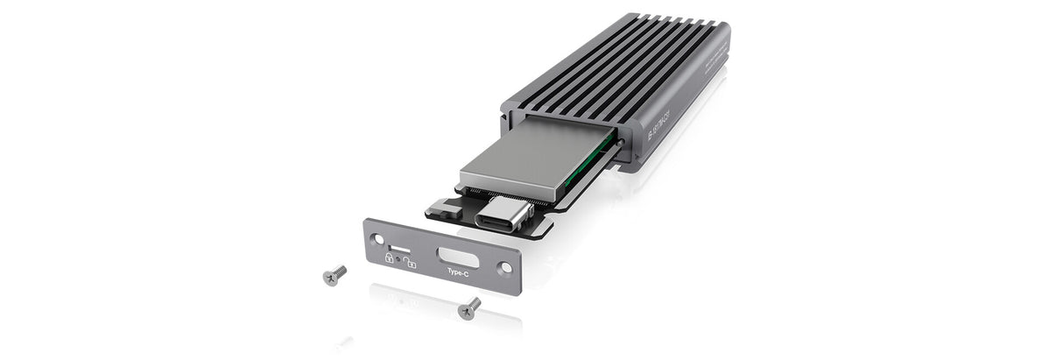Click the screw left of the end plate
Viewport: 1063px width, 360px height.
334,276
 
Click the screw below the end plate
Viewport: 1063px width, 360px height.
469,307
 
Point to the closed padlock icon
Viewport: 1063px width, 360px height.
389,258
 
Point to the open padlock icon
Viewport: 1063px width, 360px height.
410,260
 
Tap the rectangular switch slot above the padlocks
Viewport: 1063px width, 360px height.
399,249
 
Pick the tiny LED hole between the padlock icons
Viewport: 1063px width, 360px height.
399,259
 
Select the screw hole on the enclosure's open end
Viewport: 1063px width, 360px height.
620,140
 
